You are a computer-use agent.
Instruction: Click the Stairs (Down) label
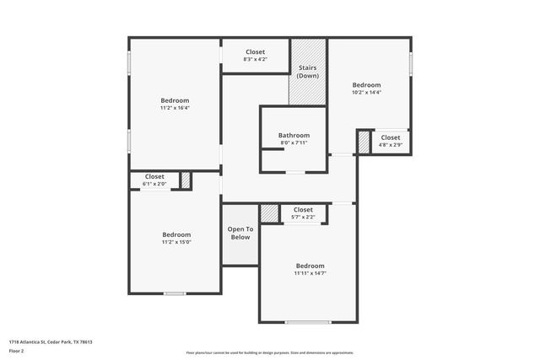308,72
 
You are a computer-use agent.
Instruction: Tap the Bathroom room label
294,135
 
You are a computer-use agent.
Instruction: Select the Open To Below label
240,234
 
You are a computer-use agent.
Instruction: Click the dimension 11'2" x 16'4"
175,108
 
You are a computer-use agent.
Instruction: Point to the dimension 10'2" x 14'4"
366,93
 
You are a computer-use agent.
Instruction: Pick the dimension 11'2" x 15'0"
176,242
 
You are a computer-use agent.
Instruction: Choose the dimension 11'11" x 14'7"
310,272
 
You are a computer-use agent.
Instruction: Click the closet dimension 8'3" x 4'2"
255,59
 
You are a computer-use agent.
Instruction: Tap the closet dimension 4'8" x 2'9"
390,145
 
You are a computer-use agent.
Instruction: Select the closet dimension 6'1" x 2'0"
154,184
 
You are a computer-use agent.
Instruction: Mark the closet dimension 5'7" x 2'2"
303,218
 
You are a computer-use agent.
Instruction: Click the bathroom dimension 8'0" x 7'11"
294,142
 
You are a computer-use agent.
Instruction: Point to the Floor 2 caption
17,352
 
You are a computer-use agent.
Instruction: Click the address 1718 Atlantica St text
50,341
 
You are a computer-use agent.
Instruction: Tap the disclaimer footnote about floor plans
270,352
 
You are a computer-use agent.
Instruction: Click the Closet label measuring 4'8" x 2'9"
390,137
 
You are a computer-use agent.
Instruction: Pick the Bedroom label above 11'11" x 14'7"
310,265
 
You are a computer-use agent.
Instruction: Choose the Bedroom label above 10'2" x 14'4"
366,85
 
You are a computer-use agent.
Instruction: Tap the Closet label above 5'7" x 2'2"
303,210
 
